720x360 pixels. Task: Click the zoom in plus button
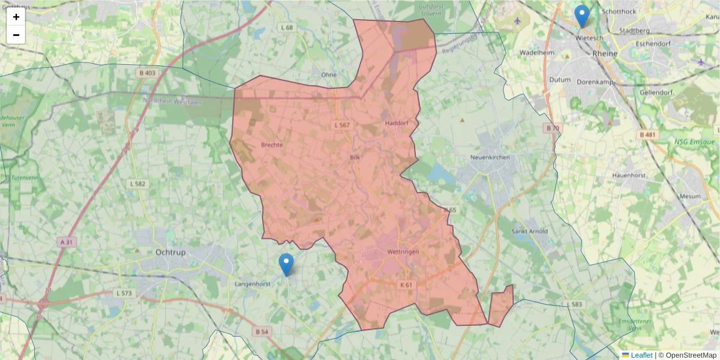click(x=16, y=17)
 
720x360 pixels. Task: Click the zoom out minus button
click(x=16, y=35)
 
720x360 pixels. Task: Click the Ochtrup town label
click(x=170, y=253)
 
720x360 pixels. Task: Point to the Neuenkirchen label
click(x=490, y=157)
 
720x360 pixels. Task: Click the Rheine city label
click(x=604, y=53)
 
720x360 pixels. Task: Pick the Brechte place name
click(x=272, y=145)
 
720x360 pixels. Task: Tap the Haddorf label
click(x=396, y=123)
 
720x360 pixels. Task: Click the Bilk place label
click(x=355, y=157)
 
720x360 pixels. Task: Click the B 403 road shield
click(x=146, y=73)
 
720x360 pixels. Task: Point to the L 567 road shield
click(x=341, y=125)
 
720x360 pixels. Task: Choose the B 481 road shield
click(x=647, y=135)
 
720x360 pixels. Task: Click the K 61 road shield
click(x=406, y=284)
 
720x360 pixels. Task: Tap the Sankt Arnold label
click(x=528, y=231)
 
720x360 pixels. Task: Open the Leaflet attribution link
click(x=640, y=355)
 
